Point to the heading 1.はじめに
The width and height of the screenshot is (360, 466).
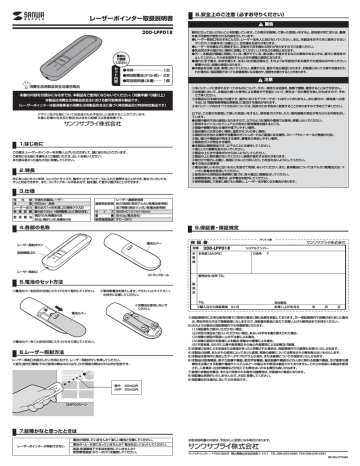(30, 144)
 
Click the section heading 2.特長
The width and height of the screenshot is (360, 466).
(25, 171)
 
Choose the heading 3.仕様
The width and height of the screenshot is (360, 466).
(25, 193)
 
